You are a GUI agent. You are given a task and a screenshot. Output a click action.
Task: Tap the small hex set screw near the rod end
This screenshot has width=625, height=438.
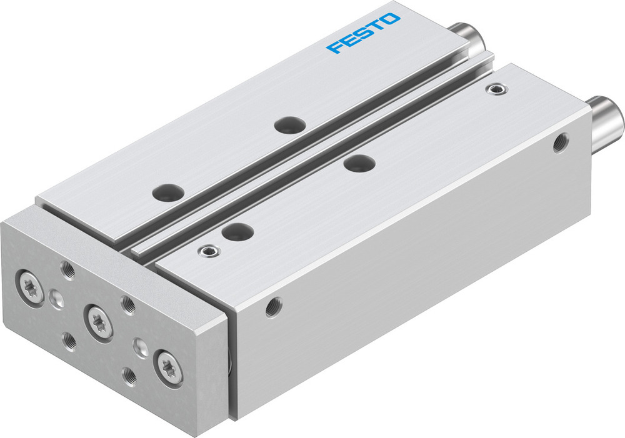point(497,90)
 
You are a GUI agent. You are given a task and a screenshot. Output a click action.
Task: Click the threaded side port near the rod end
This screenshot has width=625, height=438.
point(560,142)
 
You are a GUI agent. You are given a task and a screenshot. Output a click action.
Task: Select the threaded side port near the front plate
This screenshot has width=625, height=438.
point(273,307)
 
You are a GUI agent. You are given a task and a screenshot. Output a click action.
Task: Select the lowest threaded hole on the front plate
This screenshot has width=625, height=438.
point(130,377)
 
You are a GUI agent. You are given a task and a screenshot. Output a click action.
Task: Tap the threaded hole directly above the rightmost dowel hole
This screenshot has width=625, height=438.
point(127,305)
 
